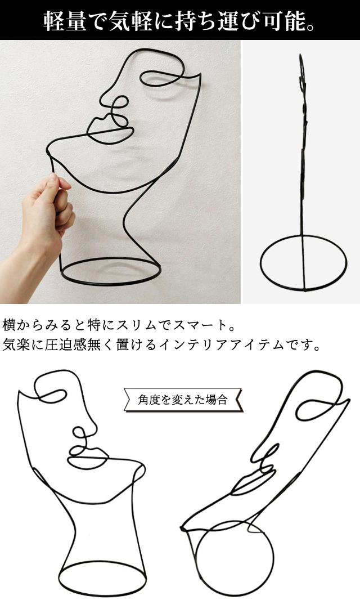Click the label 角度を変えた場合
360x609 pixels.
click(183, 400)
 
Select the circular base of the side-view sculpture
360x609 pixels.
click(303, 265)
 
